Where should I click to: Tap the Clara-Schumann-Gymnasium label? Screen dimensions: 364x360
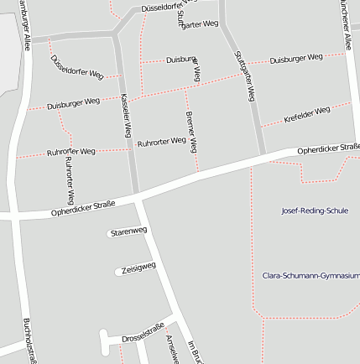(x=310, y=274)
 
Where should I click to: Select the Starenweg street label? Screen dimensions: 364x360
(x=128, y=231)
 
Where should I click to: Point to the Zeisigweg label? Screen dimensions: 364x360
(x=138, y=268)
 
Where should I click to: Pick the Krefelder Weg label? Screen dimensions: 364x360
(x=307, y=114)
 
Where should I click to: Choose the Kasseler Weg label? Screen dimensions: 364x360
(x=126, y=116)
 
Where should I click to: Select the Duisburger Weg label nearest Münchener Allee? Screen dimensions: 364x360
(x=296, y=59)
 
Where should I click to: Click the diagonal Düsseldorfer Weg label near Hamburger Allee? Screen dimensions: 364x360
(x=77, y=69)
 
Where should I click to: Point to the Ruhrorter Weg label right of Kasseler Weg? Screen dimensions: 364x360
(x=161, y=142)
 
